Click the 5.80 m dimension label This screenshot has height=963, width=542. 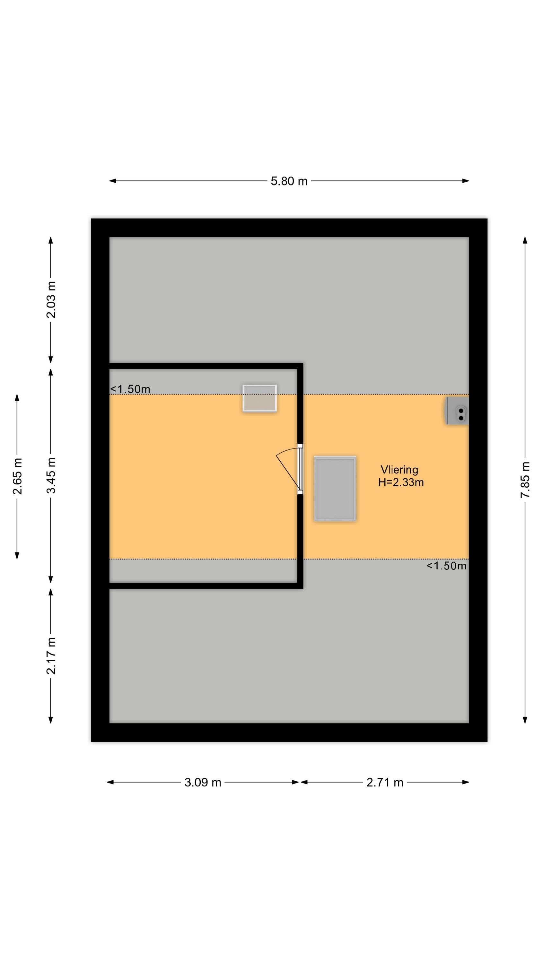[x=289, y=181]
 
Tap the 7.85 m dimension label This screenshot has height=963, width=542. [x=525, y=480]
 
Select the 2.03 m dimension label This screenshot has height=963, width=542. [x=51, y=300]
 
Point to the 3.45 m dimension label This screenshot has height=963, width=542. [x=51, y=475]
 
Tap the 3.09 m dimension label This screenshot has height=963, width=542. [x=203, y=783]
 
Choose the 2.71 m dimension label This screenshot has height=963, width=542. [x=385, y=783]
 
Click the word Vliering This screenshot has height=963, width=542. [x=399, y=470]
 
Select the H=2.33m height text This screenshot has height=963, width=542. [x=401, y=482]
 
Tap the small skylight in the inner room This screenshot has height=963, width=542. [x=259, y=398]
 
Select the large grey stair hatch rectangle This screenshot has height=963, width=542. [x=335, y=489]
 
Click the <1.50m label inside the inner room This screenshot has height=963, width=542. [x=130, y=389]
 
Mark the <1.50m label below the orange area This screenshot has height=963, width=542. [x=446, y=566]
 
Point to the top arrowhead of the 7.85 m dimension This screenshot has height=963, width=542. [x=525, y=240]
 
